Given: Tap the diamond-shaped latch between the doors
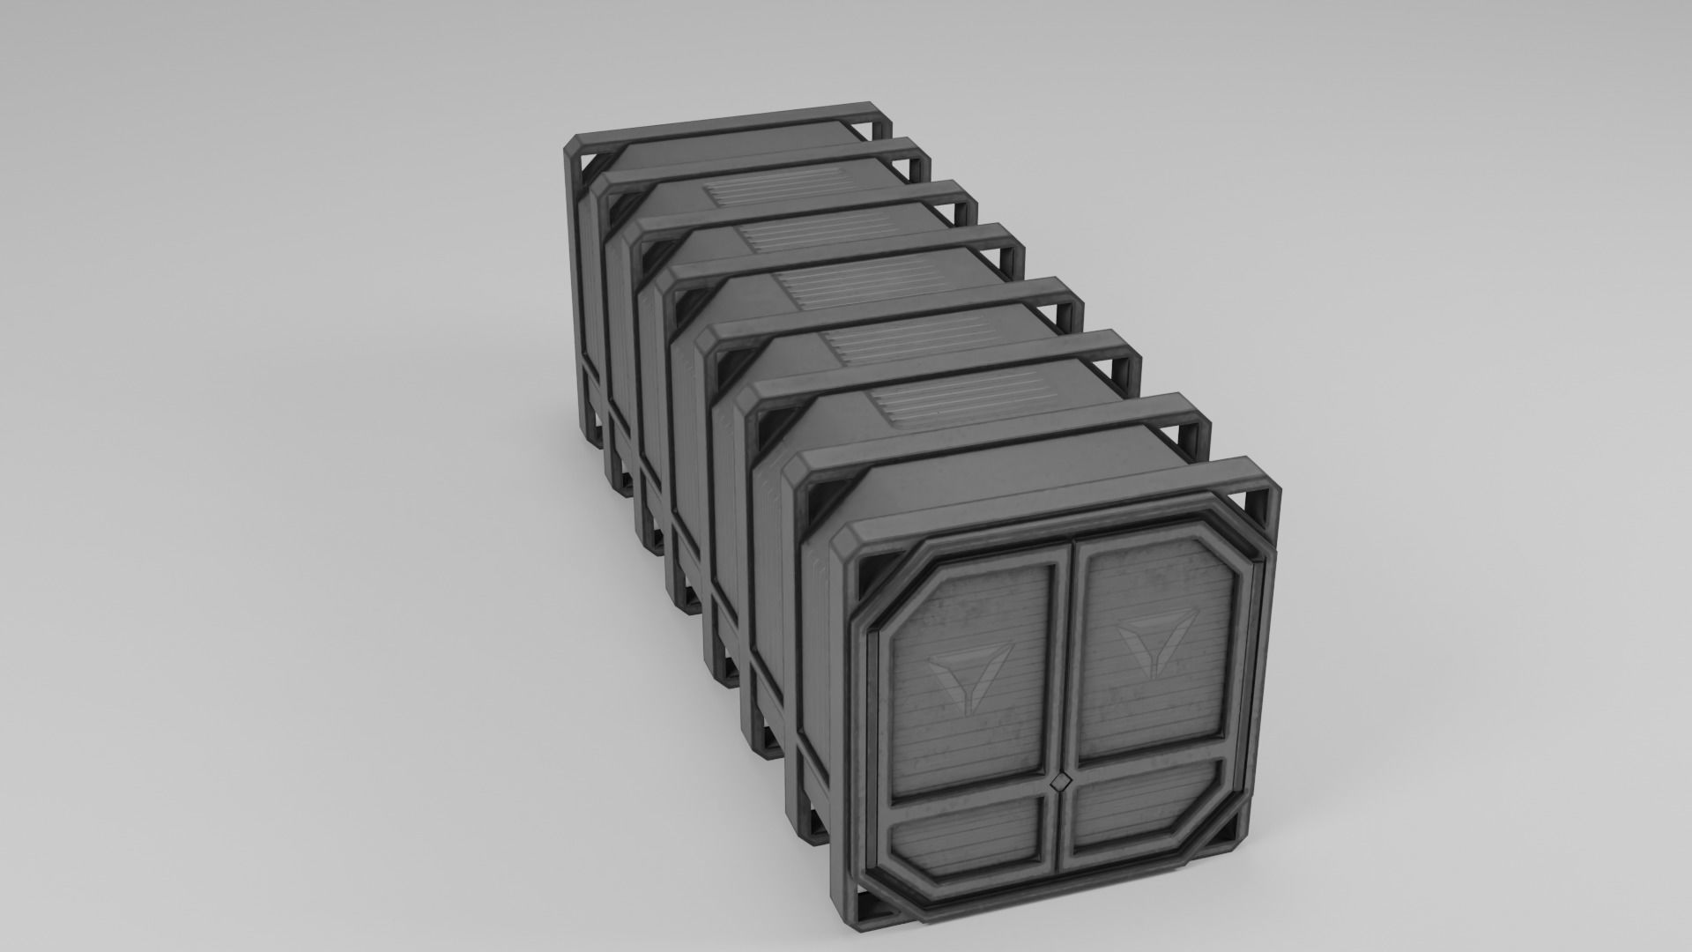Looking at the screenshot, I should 1062,781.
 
